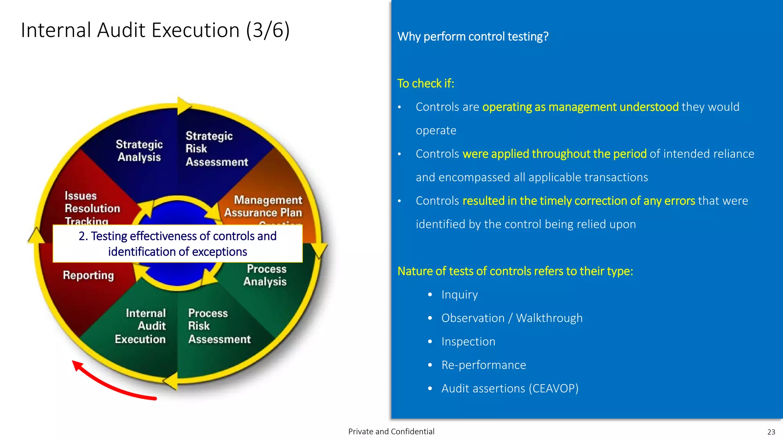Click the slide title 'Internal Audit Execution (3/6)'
pyautogui.click(x=155, y=30)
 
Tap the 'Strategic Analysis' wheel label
pyautogui.click(x=139, y=150)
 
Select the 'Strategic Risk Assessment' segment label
pyautogui.click(x=216, y=149)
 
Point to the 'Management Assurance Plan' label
pyautogui.click(x=268, y=206)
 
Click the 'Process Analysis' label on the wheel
pyautogui.click(x=266, y=275)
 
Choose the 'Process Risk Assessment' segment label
pyautogui.click(x=219, y=326)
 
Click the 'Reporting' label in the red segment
pyautogui.click(x=88, y=275)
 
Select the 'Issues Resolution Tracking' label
pyautogui.click(x=92, y=208)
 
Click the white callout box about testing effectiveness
pyautogui.click(x=177, y=244)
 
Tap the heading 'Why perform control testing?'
pyautogui.click(x=473, y=37)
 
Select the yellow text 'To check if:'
pyautogui.click(x=426, y=84)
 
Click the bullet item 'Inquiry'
pyautogui.click(x=460, y=295)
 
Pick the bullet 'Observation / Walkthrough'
pyautogui.click(x=512, y=318)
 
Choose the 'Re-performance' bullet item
pyautogui.click(x=484, y=365)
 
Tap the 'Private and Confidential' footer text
pyautogui.click(x=391, y=432)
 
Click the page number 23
pyautogui.click(x=771, y=432)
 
